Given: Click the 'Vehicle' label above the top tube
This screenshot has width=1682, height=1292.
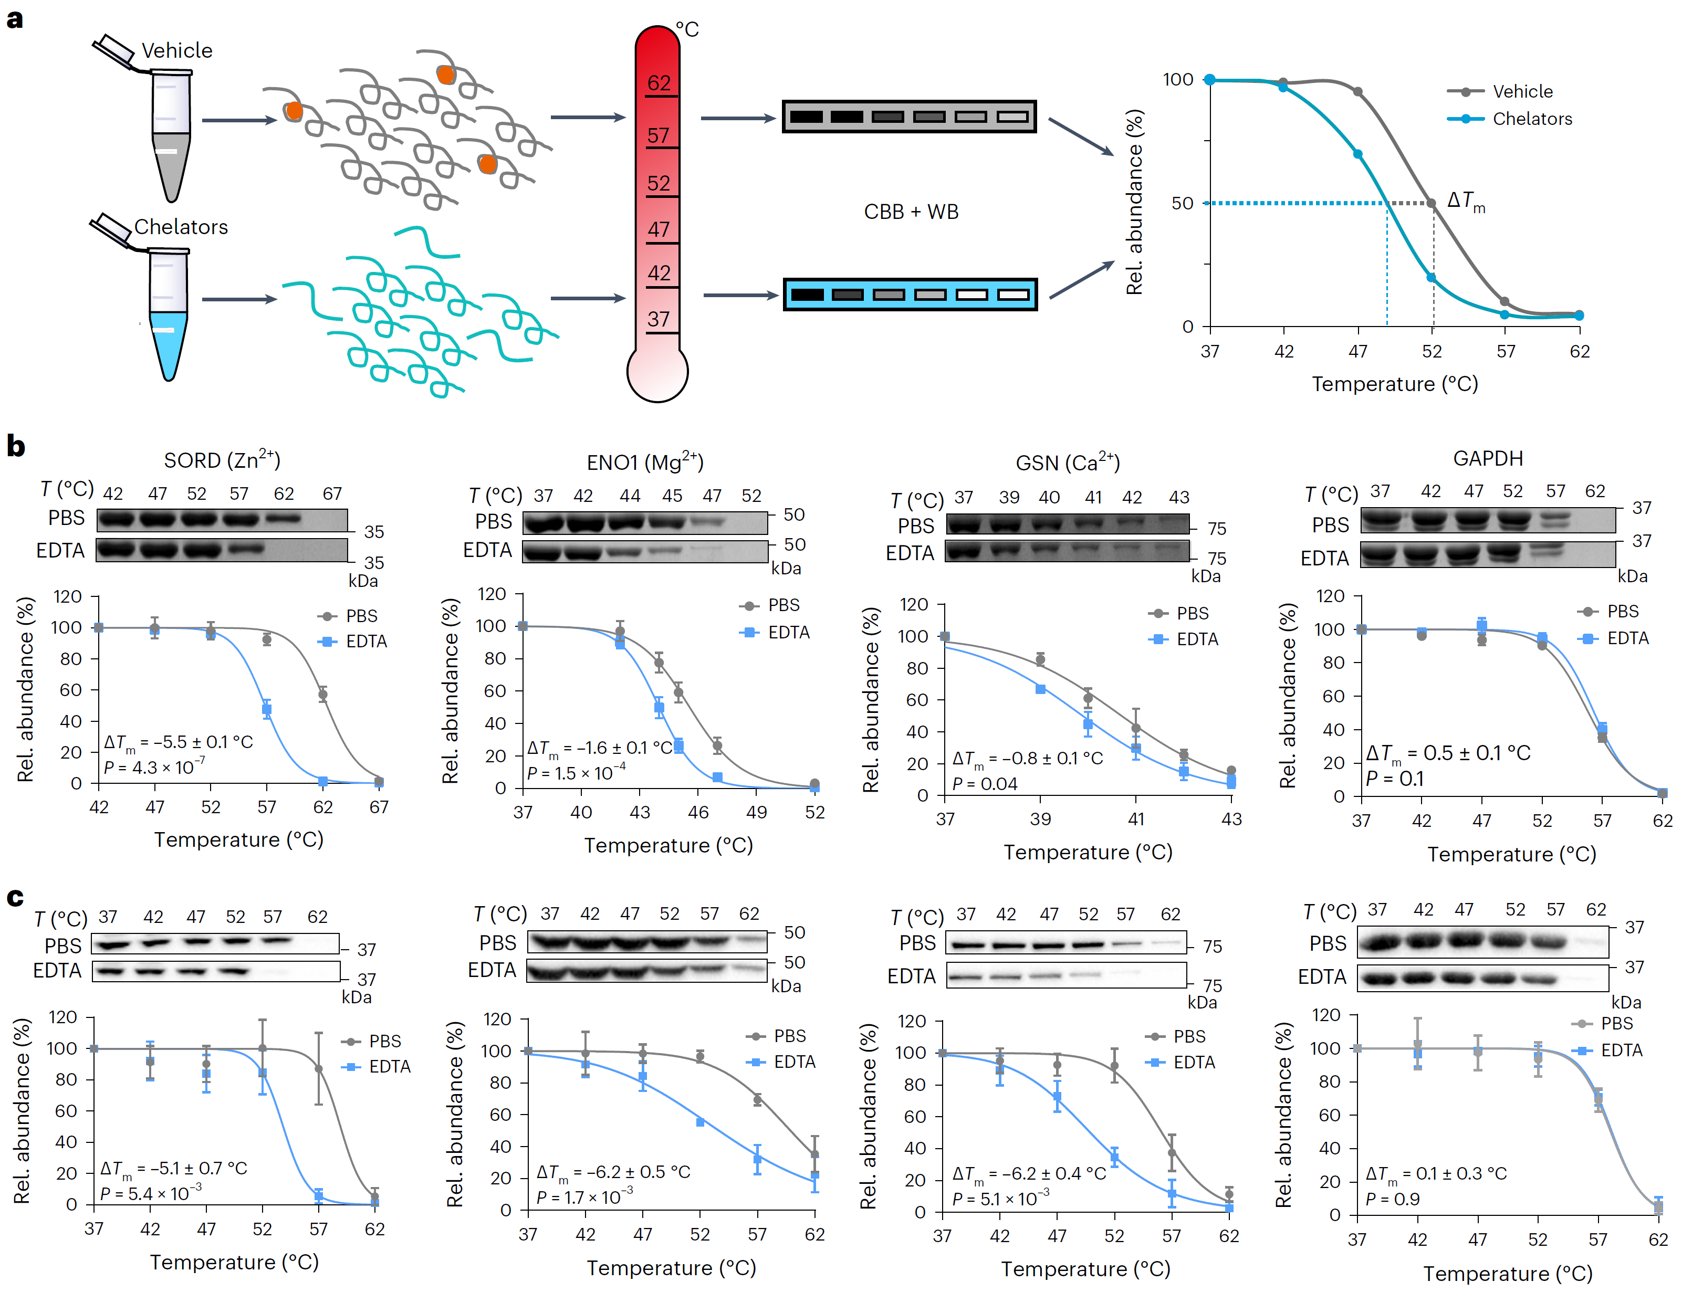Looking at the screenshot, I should (177, 51).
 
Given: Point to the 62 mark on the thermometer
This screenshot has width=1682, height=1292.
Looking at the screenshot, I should (659, 83).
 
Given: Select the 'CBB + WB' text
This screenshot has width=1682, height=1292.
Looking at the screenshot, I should (912, 212).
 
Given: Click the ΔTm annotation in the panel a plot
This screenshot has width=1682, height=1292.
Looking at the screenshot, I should (1466, 202).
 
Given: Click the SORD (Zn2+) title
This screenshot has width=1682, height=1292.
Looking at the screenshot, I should (222, 460).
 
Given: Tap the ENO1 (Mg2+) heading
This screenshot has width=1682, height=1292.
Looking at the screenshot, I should (644, 462).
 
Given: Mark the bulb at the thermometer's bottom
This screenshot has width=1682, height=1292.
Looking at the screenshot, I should (657, 373).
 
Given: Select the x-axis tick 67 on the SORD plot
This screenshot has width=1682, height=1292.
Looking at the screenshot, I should (379, 807).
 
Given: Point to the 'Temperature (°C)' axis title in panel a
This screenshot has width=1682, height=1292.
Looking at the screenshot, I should (1394, 384).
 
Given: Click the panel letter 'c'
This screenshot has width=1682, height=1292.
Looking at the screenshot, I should (15, 898).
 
